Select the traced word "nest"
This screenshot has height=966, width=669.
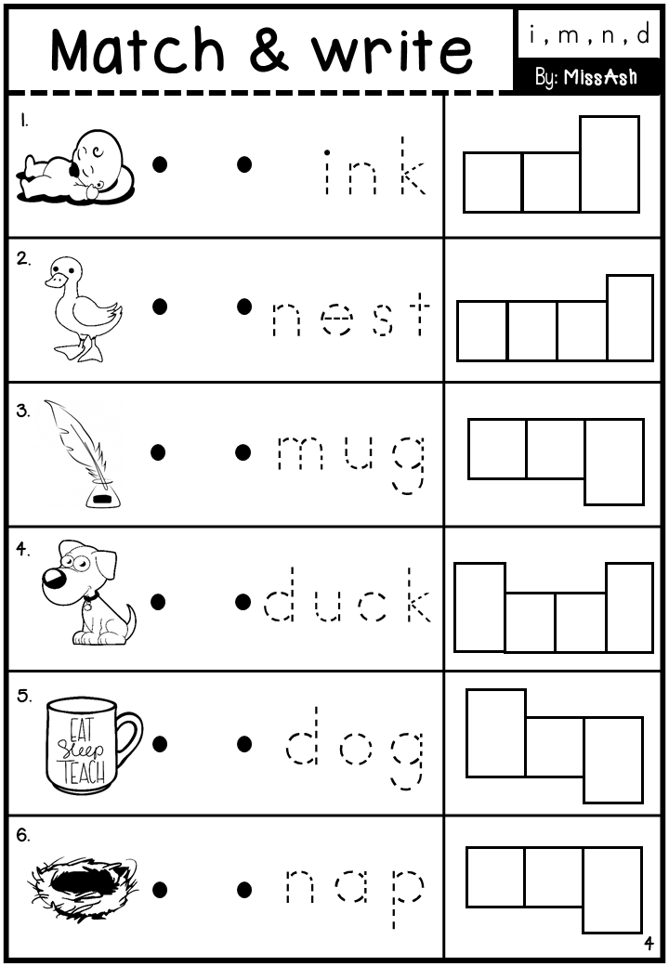[x=351, y=316]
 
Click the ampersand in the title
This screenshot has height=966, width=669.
[x=269, y=51]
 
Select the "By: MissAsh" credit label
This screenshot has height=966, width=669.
[x=585, y=77]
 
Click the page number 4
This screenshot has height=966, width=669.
[x=649, y=945]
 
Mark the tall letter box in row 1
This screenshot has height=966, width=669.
[x=610, y=163]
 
